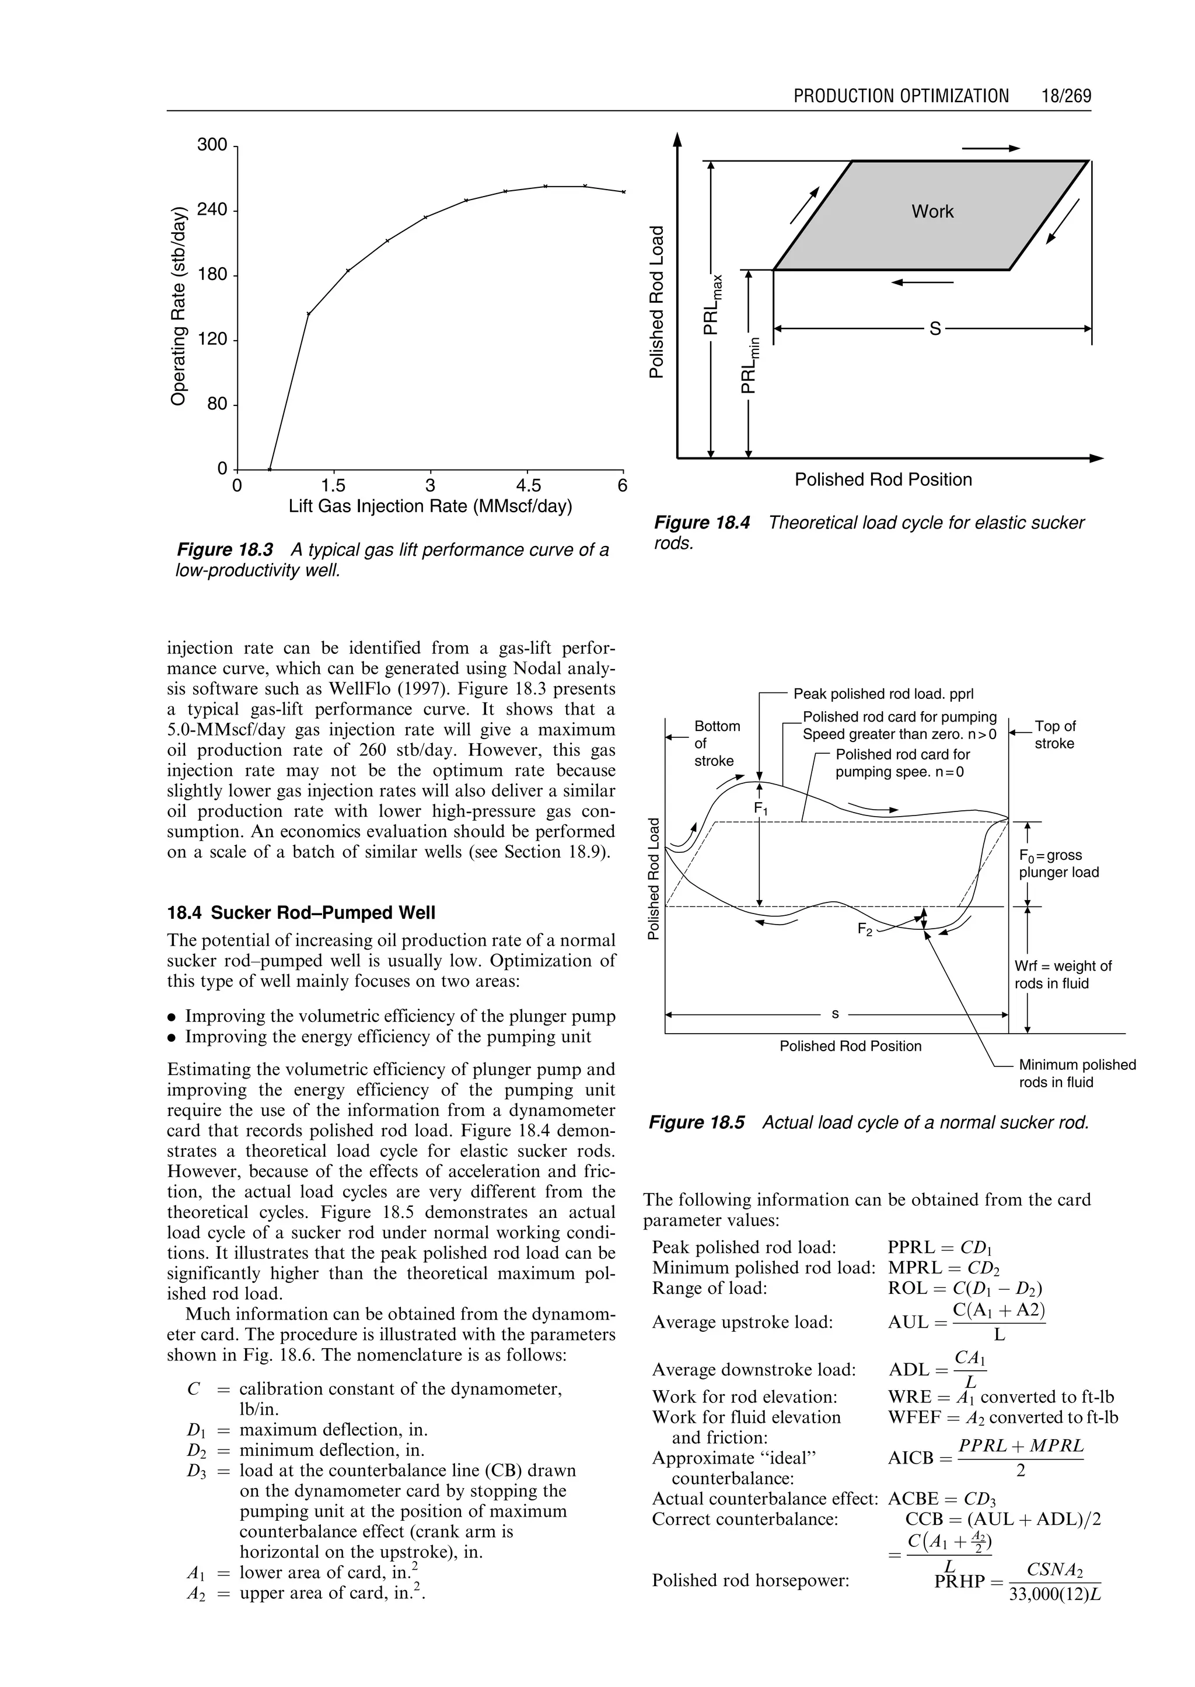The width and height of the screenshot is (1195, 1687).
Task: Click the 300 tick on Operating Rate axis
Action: point(212,144)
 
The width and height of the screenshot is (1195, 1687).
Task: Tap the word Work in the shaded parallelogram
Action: point(932,212)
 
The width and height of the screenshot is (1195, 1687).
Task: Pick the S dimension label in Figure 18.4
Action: point(935,329)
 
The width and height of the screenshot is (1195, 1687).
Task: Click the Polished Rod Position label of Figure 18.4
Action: point(882,480)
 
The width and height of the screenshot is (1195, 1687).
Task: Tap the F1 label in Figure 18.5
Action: point(760,808)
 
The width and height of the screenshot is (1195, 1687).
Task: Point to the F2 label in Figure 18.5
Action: point(865,929)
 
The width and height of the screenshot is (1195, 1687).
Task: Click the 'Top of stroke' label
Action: point(1054,734)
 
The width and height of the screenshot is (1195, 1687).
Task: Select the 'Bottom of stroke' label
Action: point(716,743)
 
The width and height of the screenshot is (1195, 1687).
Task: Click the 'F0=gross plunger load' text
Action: point(1058,864)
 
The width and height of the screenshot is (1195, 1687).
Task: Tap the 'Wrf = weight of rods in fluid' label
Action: point(1063,974)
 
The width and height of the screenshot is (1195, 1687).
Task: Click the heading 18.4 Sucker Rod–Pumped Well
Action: point(301,913)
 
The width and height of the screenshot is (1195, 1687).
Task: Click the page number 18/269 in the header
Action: point(1065,96)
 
